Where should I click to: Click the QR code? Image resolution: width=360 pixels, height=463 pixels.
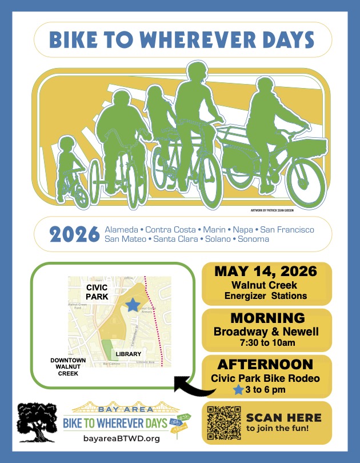[223, 422]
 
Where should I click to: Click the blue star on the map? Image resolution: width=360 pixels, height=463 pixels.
[133, 305]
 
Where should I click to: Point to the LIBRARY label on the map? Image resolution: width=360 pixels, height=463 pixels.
[128, 354]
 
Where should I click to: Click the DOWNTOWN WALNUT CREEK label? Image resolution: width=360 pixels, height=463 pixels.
[64, 366]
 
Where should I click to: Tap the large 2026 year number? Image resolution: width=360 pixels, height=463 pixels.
[74, 234]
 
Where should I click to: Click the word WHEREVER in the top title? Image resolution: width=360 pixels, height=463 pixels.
[196, 39]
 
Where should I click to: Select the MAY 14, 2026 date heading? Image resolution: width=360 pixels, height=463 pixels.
[266, 271]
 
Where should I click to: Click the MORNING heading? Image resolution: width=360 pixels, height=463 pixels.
[266, 318]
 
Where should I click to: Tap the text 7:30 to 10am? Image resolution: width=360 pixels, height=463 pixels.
[266, 342]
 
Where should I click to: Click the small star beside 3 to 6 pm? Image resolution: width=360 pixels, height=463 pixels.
[238, 390]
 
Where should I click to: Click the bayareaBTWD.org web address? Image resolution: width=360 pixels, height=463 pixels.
[121, 438]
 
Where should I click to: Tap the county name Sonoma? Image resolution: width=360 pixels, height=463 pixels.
[254, 239]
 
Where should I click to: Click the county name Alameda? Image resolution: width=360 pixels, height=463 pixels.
[122, 229]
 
